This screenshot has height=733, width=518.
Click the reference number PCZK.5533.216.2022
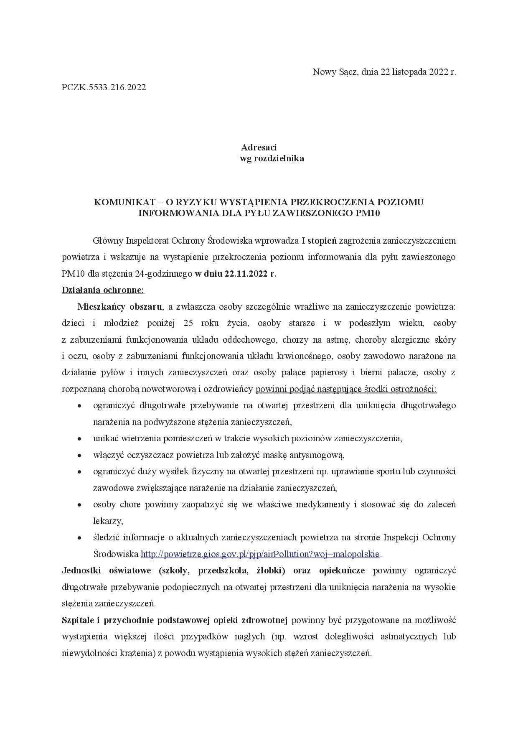pyautogui.click(x=104, y=88)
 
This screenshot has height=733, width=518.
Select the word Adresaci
pyautogui.click(x=259, y=148)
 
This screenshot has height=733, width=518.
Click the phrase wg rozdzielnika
pyautogui.click(x=272, y=158)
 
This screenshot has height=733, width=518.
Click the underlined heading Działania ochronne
pyautogui.click(x=103, y=290)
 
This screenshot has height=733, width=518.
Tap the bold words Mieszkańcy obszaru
pyautogui.click(x=119, y=307)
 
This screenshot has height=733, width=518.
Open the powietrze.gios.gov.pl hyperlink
pyautogui.click(x=260, y=554)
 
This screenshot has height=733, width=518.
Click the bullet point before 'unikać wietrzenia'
pyautogui.click(x=79, y=439)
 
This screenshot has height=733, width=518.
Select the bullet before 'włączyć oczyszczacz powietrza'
pyautogui.click(x=79, y=455)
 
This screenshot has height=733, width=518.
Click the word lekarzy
pyautogui.click(x=107, y=521)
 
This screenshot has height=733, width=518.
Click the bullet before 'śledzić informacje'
pyautogui.click(x=79, y=538)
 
